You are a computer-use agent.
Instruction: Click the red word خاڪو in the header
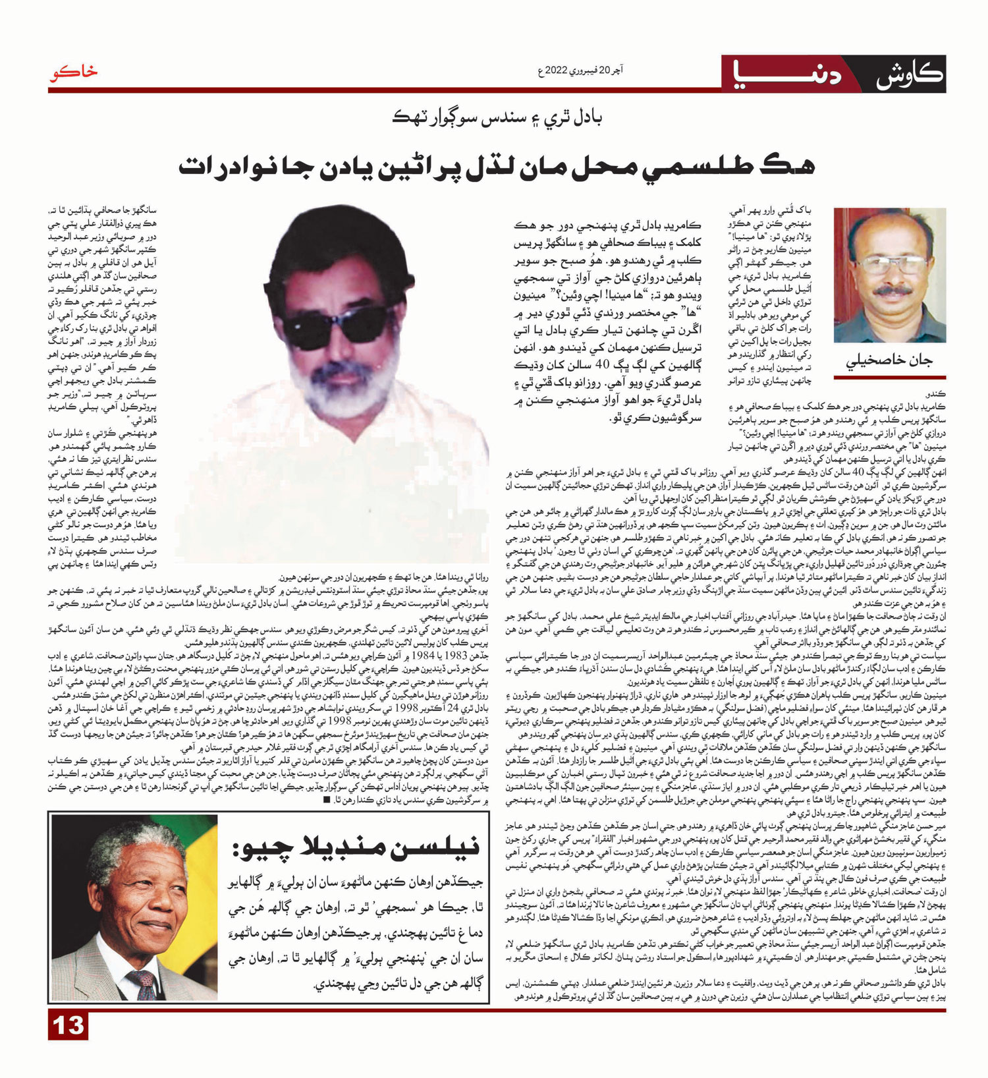coord(72,73)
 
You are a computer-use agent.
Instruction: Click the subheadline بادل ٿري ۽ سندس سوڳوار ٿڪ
coord(497,119)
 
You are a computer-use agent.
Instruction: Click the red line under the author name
coord(890,378)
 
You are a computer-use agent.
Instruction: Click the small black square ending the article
coord(327,800)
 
